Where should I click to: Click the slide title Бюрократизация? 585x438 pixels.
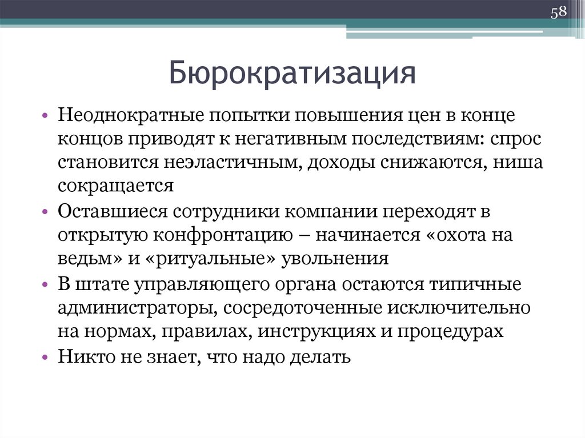tap(292, 74)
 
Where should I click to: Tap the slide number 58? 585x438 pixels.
tap(558, 13)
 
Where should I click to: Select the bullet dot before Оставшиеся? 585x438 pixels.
tap(45, 211)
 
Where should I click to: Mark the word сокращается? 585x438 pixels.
tap(115, 187)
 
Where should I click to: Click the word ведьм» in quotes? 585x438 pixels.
tap(89, 258)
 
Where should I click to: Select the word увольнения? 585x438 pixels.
tap(336, 258)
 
